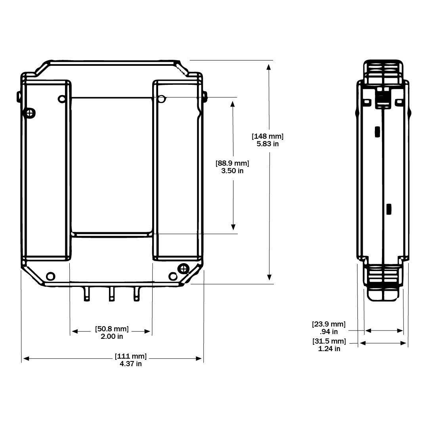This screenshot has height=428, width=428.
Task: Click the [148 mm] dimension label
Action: [268, 136]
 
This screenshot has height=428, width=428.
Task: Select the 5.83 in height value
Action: [268, 144]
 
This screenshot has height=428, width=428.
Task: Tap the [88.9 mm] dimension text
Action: [232, 163]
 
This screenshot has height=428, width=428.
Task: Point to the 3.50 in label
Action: [232, 171]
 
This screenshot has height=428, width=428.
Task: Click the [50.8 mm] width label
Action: [112, 329]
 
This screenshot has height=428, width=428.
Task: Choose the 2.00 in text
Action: [112, 336]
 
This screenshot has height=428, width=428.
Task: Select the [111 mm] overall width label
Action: [131, 356]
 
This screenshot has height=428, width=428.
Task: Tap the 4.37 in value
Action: [131, 364]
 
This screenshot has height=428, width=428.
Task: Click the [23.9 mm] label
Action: [329, 324]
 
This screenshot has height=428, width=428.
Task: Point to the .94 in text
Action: [329, 332]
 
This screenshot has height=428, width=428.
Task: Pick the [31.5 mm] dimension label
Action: [329, 341]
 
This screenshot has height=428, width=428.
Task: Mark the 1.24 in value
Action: [329, 349]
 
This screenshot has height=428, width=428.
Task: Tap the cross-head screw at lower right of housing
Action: [183, 269]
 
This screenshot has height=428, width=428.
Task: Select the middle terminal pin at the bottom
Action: [112, 294]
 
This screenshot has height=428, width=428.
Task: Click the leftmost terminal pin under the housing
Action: [87, 294]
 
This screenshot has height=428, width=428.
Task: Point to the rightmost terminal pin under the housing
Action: [137, 294]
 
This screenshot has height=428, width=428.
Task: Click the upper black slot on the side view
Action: [377, 131]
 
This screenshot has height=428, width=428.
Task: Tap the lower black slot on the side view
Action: [389, 209]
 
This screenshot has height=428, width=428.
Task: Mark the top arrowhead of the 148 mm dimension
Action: [269, 66]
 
